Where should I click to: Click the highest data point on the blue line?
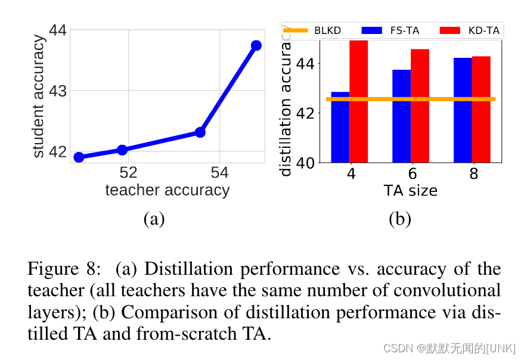pyautogui.click(x=256, y=45)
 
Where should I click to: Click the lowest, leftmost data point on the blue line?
pyautogui.click(x=79, y=157)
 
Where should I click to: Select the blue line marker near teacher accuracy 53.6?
pyautogui.click(x=200, y=132)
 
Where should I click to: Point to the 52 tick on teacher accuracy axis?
pyautogui.click(x=128, y=173)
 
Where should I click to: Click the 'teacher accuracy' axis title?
pyautogui.click(x=167, y=190)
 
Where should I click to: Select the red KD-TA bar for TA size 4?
pyautogui.click(x=358, y=101)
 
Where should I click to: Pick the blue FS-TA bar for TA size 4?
pyautogui.click(x=340, y=127)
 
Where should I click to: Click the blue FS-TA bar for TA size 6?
pyautogui.click(x=401, y=116)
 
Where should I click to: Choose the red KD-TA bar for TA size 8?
pyautogui.click(x=481, y=109)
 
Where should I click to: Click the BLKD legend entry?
pyautogui.click(x=312, y=30)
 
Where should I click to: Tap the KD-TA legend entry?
pyautogui.click(x=471, y=30)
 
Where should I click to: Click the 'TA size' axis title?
pyautogui.click(x=410, y=191)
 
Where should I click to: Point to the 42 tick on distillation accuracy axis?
pyautogui.click(x=308, y=113)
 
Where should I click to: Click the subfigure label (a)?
pyautogui.click(x=154, y=219)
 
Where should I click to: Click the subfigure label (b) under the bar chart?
pyautogui.click(x=399, y=219)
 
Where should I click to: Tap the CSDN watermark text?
pyautogui.click(x=449, y=348)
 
